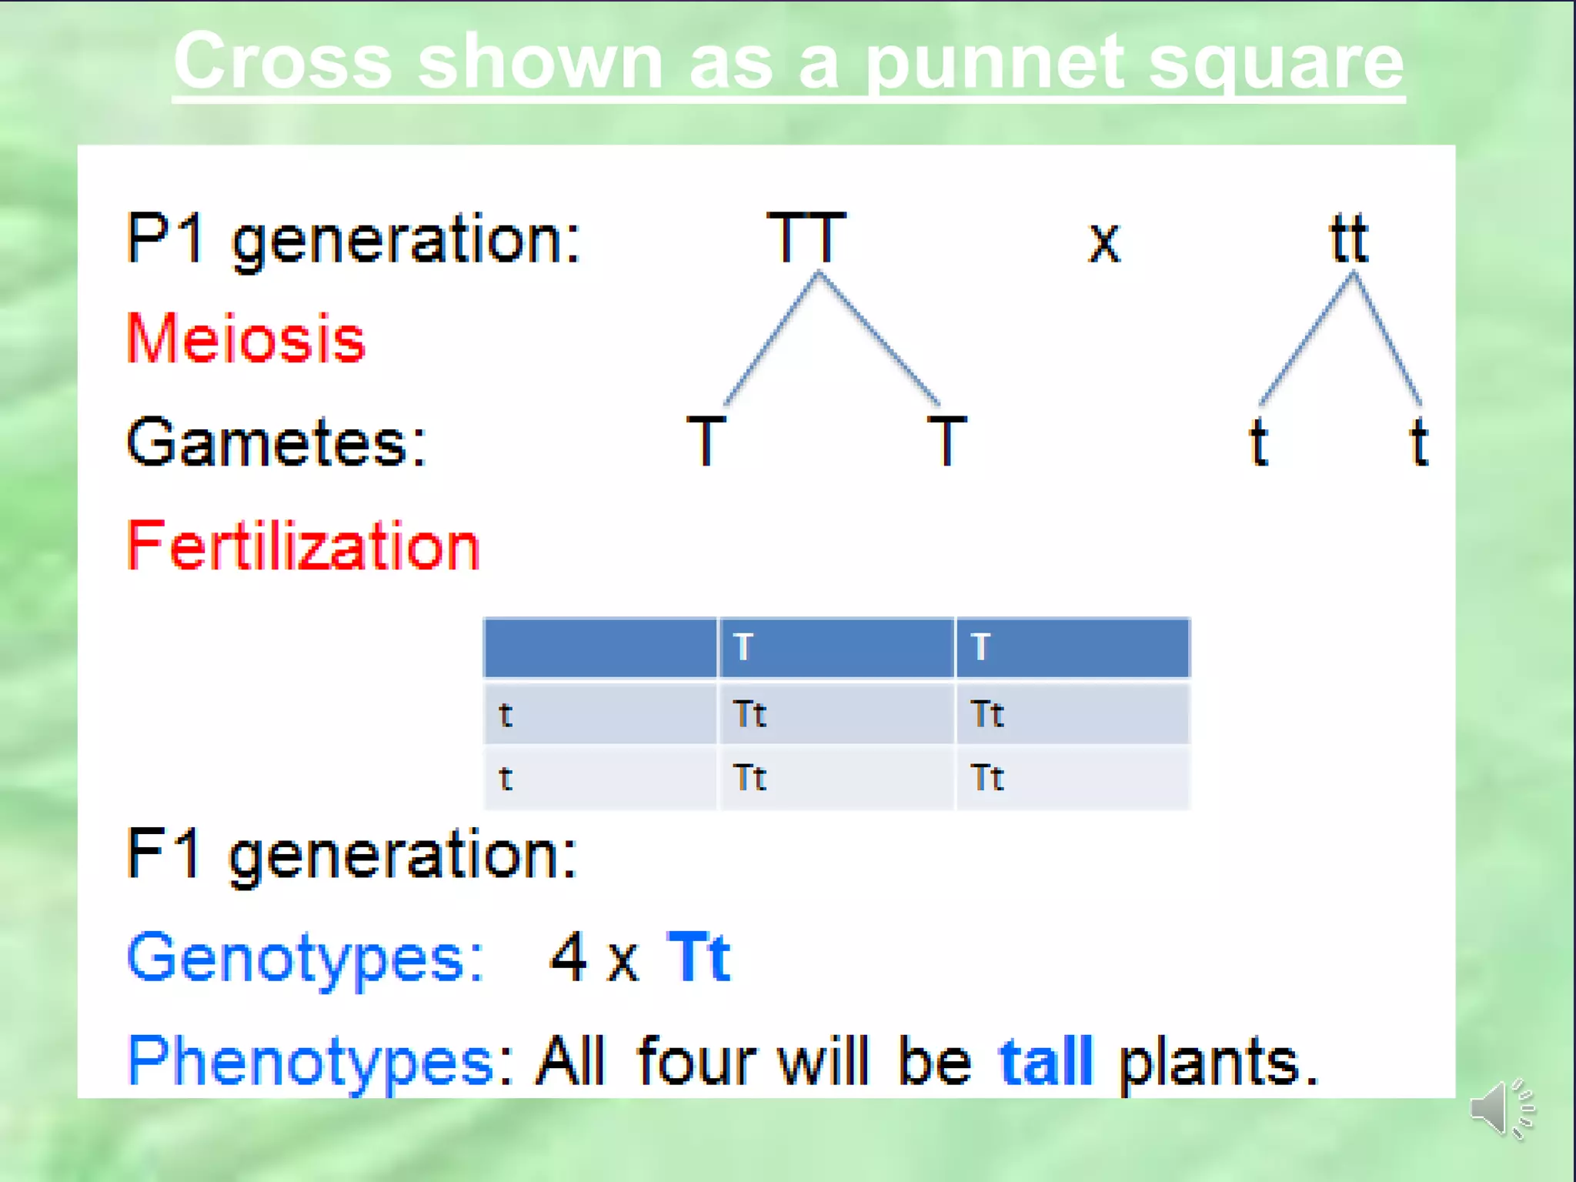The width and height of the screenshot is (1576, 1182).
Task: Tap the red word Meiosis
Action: tap(245, 339)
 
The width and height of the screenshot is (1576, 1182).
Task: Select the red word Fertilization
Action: tap(303, 546)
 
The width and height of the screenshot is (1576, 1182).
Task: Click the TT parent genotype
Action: tap(806, 239)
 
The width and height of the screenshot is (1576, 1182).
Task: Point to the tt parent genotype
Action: tap(1348, 239)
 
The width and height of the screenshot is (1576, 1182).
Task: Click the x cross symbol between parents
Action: tap(1104, 243)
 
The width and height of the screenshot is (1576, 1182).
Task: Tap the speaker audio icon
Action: tap(1501, 1109)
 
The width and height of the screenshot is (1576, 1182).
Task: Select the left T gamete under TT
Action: tap(706, 441)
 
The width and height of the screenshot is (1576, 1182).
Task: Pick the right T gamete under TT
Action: tap(947, 441)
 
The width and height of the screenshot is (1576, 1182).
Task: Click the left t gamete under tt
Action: tap(1258, 441)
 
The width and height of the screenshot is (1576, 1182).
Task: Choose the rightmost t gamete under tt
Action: tap(1419, 441)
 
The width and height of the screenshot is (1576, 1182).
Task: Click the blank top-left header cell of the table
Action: tap(599, 647)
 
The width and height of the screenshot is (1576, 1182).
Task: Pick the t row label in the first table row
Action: tap(506, 714)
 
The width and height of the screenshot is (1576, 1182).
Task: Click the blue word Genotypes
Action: tap(305, 958)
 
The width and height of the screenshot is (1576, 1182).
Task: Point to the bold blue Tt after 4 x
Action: tap(699, 957)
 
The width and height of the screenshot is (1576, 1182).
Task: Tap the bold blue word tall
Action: tap(1046, 1061)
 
